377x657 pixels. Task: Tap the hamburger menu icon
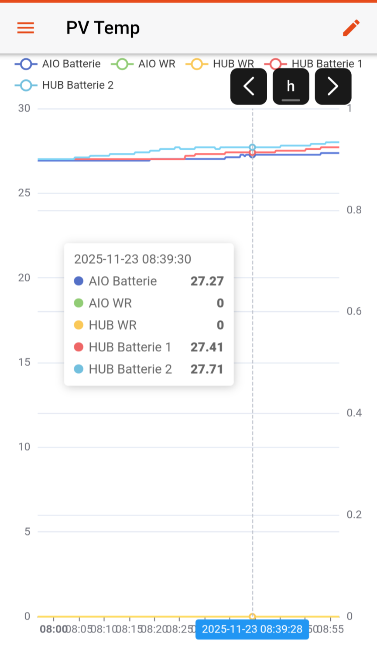[x=26, y=28]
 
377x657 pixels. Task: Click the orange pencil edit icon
[x=351, y=28]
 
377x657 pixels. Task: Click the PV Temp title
[x=103, y=28]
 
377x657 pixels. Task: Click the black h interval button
[x=291, y=86]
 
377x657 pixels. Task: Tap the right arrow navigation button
[x=333, y=86]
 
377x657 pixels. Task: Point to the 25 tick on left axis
[x=24, y=193]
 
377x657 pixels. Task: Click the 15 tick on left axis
[x=24, y=362]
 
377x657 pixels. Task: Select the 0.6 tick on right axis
[x=354, y=311]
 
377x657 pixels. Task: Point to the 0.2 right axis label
[x=354, y=515]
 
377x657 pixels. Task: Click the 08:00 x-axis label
[x=53, y=629]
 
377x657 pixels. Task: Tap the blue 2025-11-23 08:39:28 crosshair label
[x=252, y=629]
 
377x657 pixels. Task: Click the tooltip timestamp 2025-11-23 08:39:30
[x=133, y=259]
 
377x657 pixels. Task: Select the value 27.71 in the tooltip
[x=207, y=369]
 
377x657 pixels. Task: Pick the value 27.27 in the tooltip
[x=207, y=281]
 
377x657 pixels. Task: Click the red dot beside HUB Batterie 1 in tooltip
[x=79, y=347]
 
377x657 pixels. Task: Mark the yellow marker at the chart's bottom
[x=252, y=617]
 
